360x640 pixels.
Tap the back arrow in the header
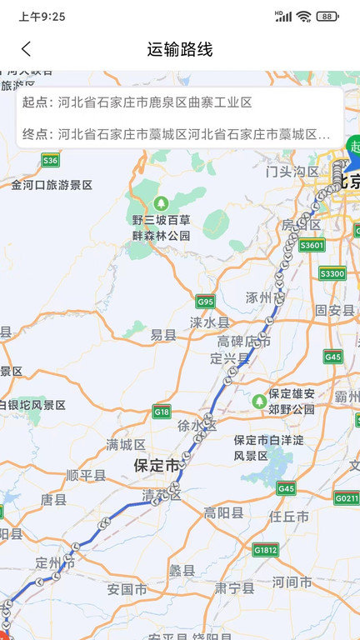[27, 49]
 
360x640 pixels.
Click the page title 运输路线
[180, 49]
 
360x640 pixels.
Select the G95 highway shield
[205, 301]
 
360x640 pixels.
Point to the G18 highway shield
[162, 412]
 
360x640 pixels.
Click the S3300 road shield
[332, 273]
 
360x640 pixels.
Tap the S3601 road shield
[311, 245]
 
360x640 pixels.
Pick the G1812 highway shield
[265, 550]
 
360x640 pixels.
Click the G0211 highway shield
[347, 498]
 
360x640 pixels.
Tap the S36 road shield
[51, 160]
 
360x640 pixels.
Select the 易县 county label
[163, 335]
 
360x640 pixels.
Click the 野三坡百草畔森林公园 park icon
[161, 202]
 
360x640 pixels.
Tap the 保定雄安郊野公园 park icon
[259, 402]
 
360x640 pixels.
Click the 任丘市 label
[289, 517]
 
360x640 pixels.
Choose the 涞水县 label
[208, 322]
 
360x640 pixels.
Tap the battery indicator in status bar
[327, 16]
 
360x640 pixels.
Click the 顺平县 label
[86, 476]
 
